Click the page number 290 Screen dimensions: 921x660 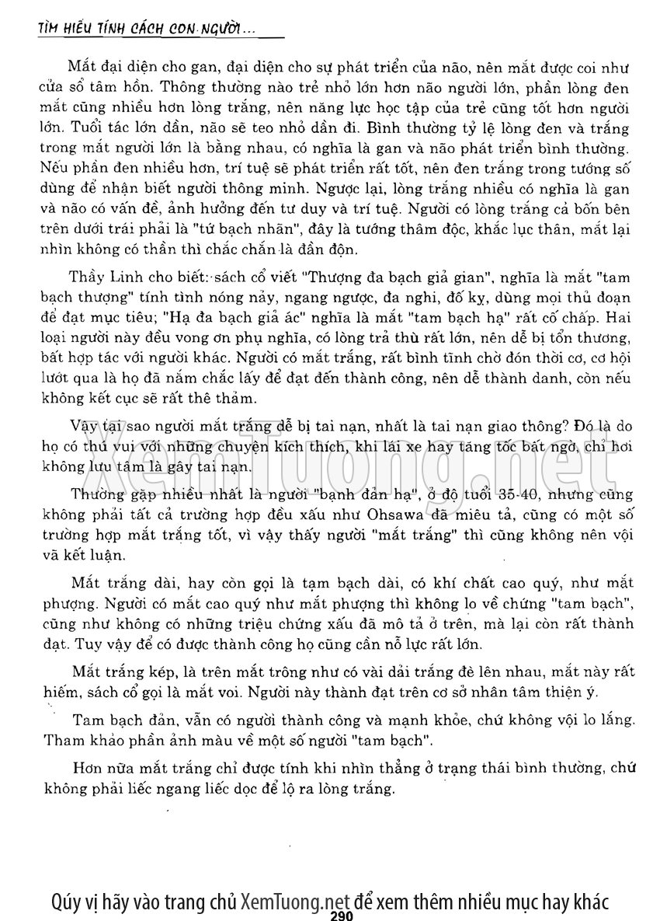(x=342, y=915)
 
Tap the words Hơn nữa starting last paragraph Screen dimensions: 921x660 (x=96, y=769)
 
